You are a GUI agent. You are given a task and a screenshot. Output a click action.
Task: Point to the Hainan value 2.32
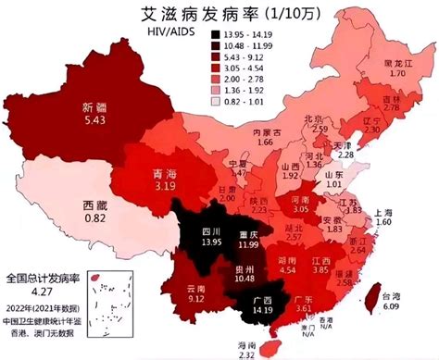click(x=273, y=354)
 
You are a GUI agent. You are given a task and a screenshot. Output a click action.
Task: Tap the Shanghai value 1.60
click(x=384, y=223)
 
